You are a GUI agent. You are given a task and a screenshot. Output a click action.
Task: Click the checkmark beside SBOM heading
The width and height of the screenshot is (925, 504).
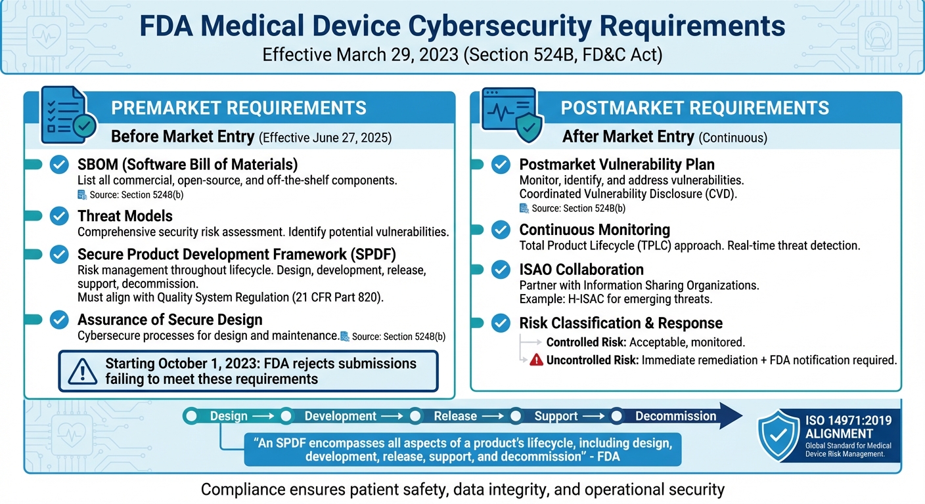(x=60, y=165)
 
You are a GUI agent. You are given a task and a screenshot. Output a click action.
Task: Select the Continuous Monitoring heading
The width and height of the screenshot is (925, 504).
(x=595, y=230)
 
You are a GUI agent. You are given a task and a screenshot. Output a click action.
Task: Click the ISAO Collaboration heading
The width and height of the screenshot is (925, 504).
(x=581, y=270)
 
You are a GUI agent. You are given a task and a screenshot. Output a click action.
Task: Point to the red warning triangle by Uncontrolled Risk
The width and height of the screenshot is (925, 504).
(x=536, y=360)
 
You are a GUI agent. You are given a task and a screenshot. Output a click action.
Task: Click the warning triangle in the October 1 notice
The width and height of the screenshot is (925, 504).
(x=82, y=371)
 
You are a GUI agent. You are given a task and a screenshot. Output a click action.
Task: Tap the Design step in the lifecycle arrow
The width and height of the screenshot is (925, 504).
(x=229, y=416)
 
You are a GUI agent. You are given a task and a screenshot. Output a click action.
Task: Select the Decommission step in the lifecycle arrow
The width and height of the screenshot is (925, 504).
(x=675, y=416)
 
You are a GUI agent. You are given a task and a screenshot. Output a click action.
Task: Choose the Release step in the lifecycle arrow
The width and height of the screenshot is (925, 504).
(x=455, y=416)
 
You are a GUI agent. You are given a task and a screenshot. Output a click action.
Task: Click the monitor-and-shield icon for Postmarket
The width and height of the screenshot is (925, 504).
(x=511, y=115)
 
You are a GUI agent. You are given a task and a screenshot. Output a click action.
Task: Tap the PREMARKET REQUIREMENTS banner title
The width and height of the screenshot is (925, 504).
(x=238, y=108)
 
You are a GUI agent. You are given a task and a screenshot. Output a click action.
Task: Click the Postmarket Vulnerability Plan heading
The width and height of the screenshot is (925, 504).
(x=617, y=165)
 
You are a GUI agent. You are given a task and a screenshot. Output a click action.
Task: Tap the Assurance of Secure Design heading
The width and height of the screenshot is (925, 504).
(x=169, y=320)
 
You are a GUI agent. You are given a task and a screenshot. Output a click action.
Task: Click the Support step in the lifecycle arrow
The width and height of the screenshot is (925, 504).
(x=556, y=416)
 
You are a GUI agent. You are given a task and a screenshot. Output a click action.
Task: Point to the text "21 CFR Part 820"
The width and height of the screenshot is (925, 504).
(x=336, y=297)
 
